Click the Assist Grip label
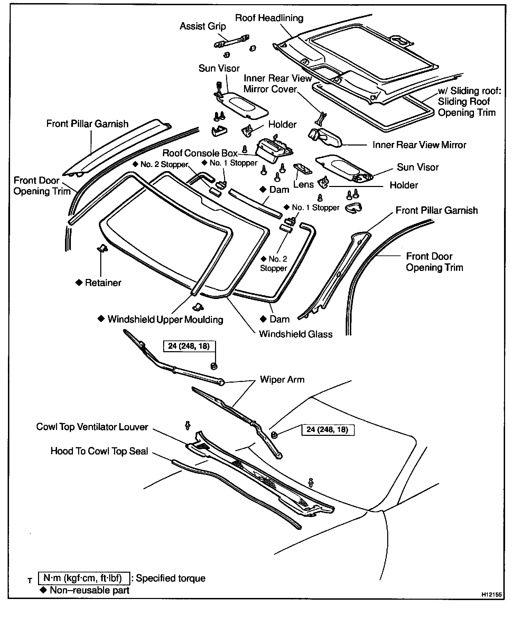click(x=203, y=27)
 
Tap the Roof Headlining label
click(x=269, y=18)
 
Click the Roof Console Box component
click(x=273, y=149)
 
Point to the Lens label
click(x=303, y=185)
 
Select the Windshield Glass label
click(x=296, y=334)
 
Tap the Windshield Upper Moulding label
click(x=165, y=319)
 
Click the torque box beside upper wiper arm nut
click(x=189, y=346)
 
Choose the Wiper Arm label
click(x=282, y=380)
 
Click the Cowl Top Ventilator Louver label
click(x=92, y=427)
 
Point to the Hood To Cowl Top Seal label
click(x=99, y=451)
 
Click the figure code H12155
click(x=491, y=595)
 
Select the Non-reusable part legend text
click(x=90, y=590)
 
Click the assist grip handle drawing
click(x=232, y=41)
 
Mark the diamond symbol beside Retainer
click(x=78, y=283)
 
